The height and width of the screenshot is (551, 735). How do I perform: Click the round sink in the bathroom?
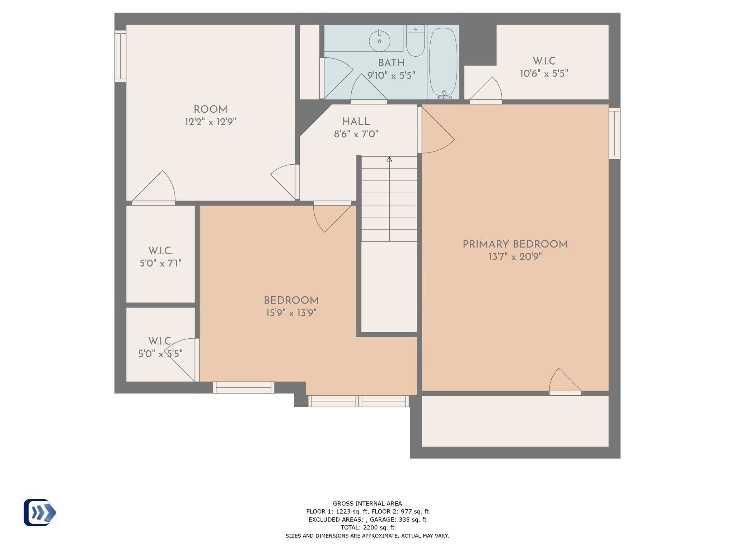pos(379,41)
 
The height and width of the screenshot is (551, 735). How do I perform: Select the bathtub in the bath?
pos(443,62)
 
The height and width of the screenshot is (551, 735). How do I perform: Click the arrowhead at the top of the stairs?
pos(389,159)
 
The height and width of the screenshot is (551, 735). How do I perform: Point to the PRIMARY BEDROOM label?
pos(515,244)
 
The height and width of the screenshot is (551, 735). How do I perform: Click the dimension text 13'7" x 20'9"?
pos(515,256)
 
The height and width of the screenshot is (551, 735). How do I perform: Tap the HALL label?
pos(356,122)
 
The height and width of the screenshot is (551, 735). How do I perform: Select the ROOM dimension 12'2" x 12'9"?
pos(210,122)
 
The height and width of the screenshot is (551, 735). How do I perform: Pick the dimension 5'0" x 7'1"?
pos(160,263)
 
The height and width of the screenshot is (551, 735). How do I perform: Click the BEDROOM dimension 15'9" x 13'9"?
pos(291,313)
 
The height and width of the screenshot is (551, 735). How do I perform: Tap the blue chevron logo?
pos(40,513)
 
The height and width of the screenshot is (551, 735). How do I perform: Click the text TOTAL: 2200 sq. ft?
pos(367,527)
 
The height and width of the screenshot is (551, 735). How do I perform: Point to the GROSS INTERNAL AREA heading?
pos(367,504)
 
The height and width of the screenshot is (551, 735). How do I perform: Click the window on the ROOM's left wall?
pos(120,56)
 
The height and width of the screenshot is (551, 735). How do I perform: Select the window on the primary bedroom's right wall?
pos(614,133)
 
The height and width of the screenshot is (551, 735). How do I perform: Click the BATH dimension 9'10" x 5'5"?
pos(391,75)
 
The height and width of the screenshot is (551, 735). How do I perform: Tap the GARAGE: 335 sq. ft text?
pos(398,519)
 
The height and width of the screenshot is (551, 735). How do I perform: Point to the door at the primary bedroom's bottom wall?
pos(565,382)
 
